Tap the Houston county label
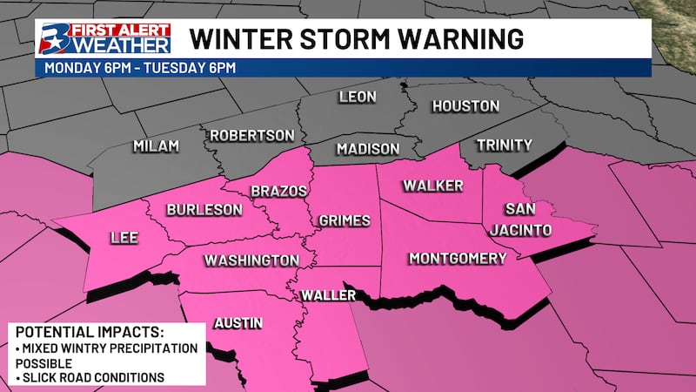click(466, 106)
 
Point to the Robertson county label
click(251, 136)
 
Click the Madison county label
click(368, 149)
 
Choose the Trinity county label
click(505, 145)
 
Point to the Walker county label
click(432, 186)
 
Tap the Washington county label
click(251, 260)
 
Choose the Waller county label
click(328, 296)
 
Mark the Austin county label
click(238, 323)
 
